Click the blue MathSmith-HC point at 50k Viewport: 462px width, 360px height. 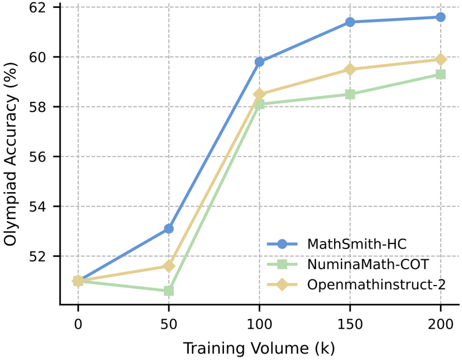click(169, 229)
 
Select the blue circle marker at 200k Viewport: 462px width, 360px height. click(440, 17)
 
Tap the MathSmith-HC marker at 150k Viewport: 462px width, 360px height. click(350, 22)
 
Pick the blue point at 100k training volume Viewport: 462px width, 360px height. click(259, 62)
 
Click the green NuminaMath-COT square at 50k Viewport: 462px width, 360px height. click(169, 291)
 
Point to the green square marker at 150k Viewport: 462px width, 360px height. click(350, 94)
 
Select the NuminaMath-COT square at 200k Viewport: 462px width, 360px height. click(440, 75)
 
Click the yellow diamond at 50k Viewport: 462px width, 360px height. click(169, 266)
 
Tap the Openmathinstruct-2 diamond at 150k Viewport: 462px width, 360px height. click(350, 69)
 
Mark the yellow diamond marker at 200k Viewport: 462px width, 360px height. click(440, 59)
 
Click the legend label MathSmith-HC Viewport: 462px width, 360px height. click(357, 244)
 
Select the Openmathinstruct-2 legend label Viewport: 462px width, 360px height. click(376, 284)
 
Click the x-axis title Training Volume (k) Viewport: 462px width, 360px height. click(259, 347)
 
